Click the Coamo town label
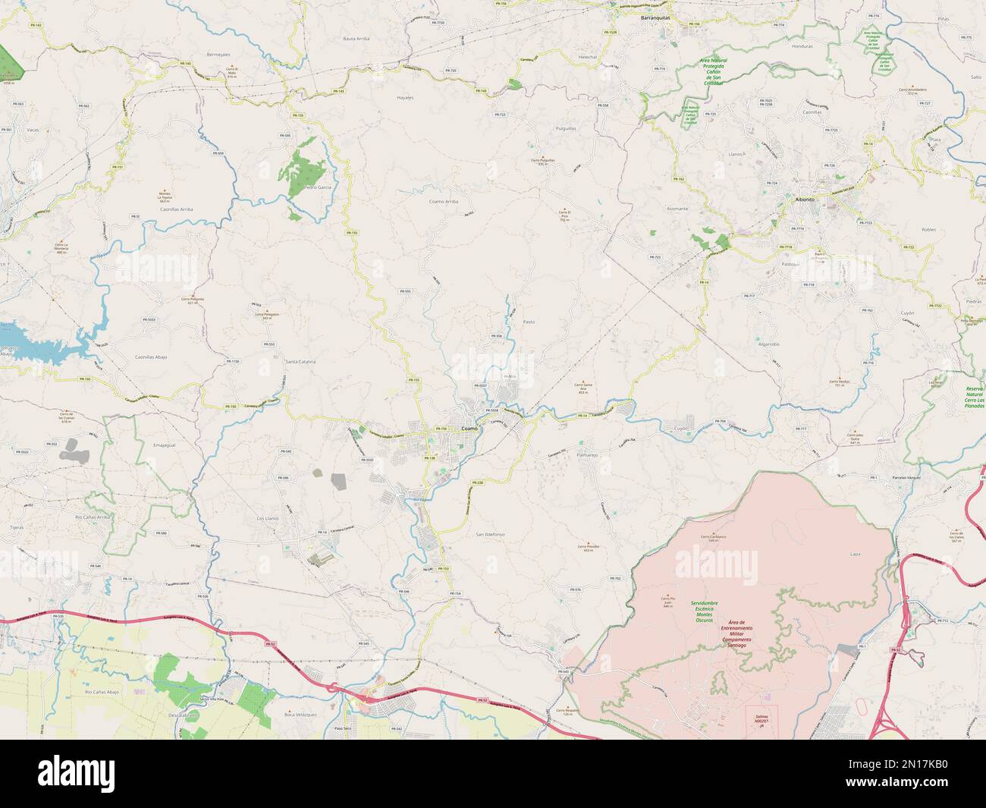[470, 429]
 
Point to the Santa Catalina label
[300, 362]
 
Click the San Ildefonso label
[490, 534]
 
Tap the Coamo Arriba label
[444, 201]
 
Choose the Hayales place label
[406, 98]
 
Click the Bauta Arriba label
[356, 37]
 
